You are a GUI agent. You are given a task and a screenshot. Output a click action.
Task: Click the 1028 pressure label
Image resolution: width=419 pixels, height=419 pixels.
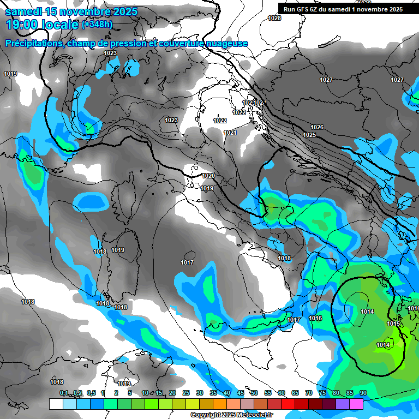(x=274, y=19)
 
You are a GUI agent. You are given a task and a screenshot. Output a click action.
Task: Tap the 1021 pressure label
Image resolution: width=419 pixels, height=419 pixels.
(x=230, y=133)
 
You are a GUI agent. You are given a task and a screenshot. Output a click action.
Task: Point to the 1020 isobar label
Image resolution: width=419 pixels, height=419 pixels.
(x=208, y=176)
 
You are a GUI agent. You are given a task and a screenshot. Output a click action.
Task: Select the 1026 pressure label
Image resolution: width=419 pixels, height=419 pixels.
(x=317, y=127)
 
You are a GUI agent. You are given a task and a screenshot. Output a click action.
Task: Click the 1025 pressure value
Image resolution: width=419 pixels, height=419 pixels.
(x=309, y=135)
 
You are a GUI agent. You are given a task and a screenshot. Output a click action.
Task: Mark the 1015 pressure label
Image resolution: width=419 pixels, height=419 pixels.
(x=393, y=324)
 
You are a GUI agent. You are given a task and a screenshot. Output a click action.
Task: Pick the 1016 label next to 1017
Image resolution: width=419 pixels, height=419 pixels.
(x=315, y=318)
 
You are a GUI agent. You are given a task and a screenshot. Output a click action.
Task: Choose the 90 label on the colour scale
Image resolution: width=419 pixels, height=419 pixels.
(x=363, y=393)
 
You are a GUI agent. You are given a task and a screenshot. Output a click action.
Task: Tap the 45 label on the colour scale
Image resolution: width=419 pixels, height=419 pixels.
(x=241, y=393)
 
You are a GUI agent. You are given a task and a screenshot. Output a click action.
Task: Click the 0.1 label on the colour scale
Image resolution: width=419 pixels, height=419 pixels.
(x=64, y=393)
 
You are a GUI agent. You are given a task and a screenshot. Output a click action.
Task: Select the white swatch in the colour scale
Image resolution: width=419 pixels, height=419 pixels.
(x=56, y=404)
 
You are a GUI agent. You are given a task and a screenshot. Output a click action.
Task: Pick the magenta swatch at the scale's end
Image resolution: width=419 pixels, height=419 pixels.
(x=356, y=404)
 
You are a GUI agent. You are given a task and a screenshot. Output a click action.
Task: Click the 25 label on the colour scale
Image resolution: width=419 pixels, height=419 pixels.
(x=186, y=393)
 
